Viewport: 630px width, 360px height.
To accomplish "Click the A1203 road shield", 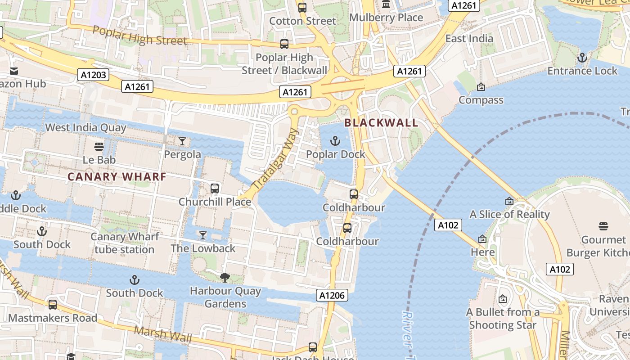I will [x=94, y=75].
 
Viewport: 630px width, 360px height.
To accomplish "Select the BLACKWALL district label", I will [x=381, y=123].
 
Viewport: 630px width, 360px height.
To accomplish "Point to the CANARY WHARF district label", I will [x=117, y=177].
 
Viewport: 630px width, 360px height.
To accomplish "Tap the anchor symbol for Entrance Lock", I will [x=582, y=58].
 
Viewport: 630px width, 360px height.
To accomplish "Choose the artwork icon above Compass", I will [x=481, y=87].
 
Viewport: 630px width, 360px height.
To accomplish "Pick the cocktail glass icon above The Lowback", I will [x=203, y=235].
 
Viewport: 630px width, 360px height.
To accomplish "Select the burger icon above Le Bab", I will [x=99, y=147].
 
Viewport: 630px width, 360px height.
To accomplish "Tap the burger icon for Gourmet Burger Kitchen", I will [x=603, y=226].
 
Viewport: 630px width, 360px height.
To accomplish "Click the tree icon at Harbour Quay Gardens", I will [x=225, y=278].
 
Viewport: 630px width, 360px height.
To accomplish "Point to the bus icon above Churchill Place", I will [x=215, y=189].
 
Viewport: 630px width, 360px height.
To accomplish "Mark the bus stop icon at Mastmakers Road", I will [x=53, y=305].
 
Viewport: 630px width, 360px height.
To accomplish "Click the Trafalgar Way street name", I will [x=276, y=160].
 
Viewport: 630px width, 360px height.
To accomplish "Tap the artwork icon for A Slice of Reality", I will [x=509, y=201].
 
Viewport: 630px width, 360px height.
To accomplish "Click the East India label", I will [x=469, y=39].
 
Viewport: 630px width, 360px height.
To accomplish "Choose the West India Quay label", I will [x=85, y=128].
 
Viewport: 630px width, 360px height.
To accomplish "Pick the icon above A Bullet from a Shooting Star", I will [x=503, y=299].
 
